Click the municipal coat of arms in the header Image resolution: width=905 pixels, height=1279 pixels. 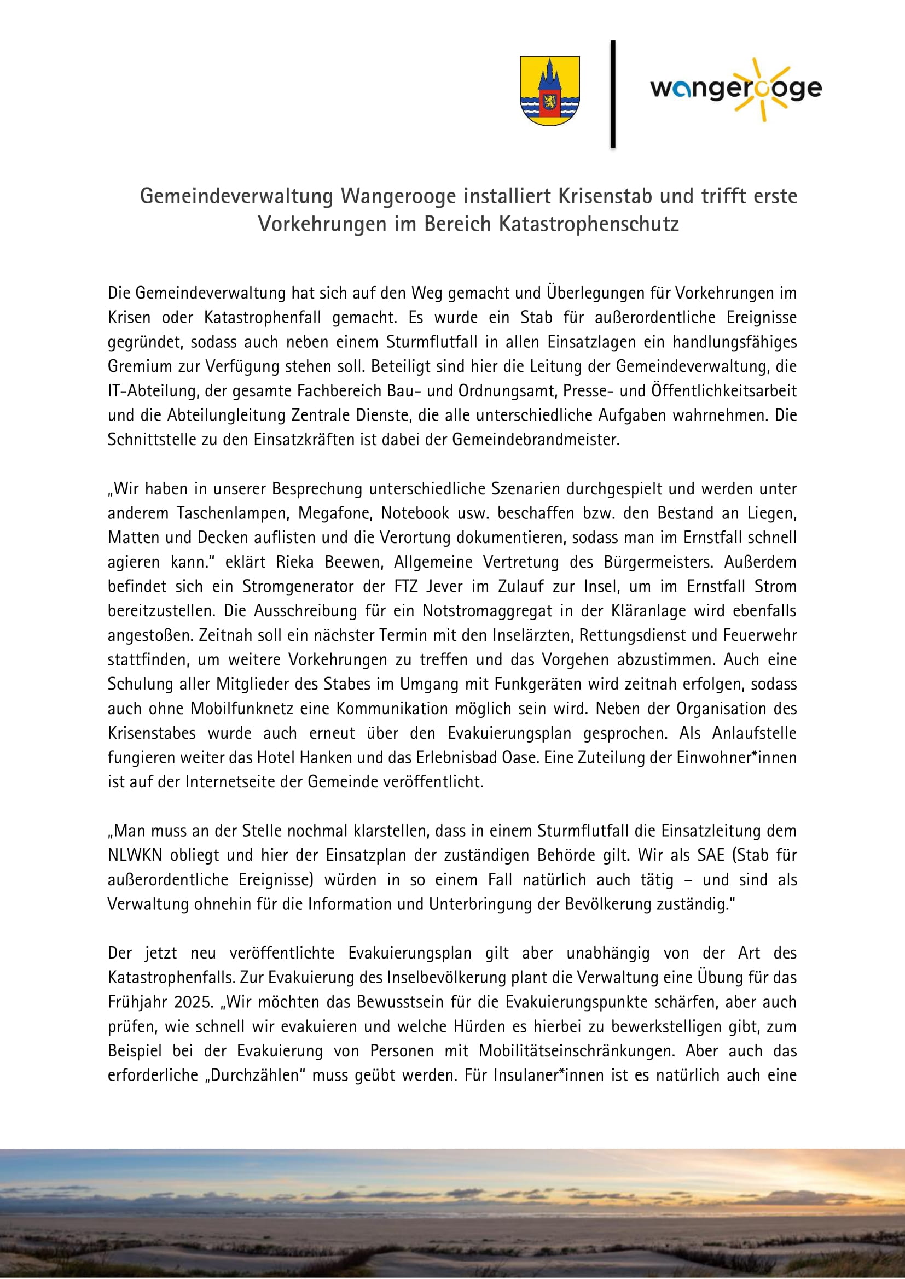[x=549, y=90]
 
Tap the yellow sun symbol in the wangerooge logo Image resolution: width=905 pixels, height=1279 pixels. [x=761, y=89]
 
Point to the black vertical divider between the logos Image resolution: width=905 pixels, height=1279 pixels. [x=613, y=94]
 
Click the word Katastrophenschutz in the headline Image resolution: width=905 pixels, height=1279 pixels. [x=589, y=224]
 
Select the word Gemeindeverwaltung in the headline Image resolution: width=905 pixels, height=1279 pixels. [x=236, y=196]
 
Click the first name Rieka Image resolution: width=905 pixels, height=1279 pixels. [x=295, y=562]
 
